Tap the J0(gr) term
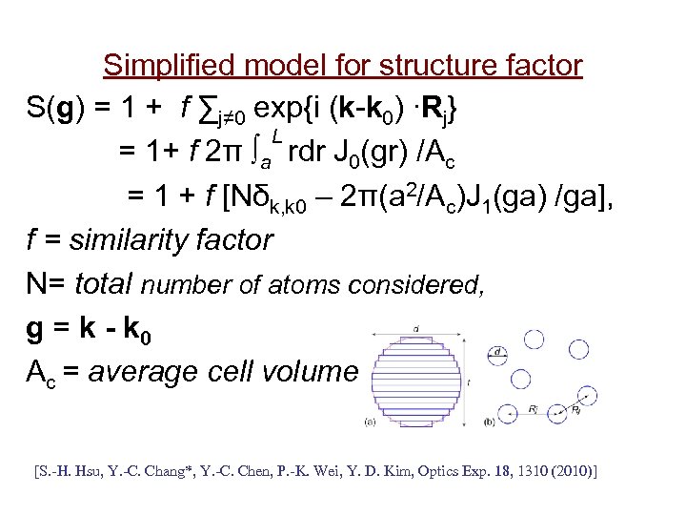point(377,151)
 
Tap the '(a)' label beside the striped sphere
point(368,421)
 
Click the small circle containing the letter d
point(500,352)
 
